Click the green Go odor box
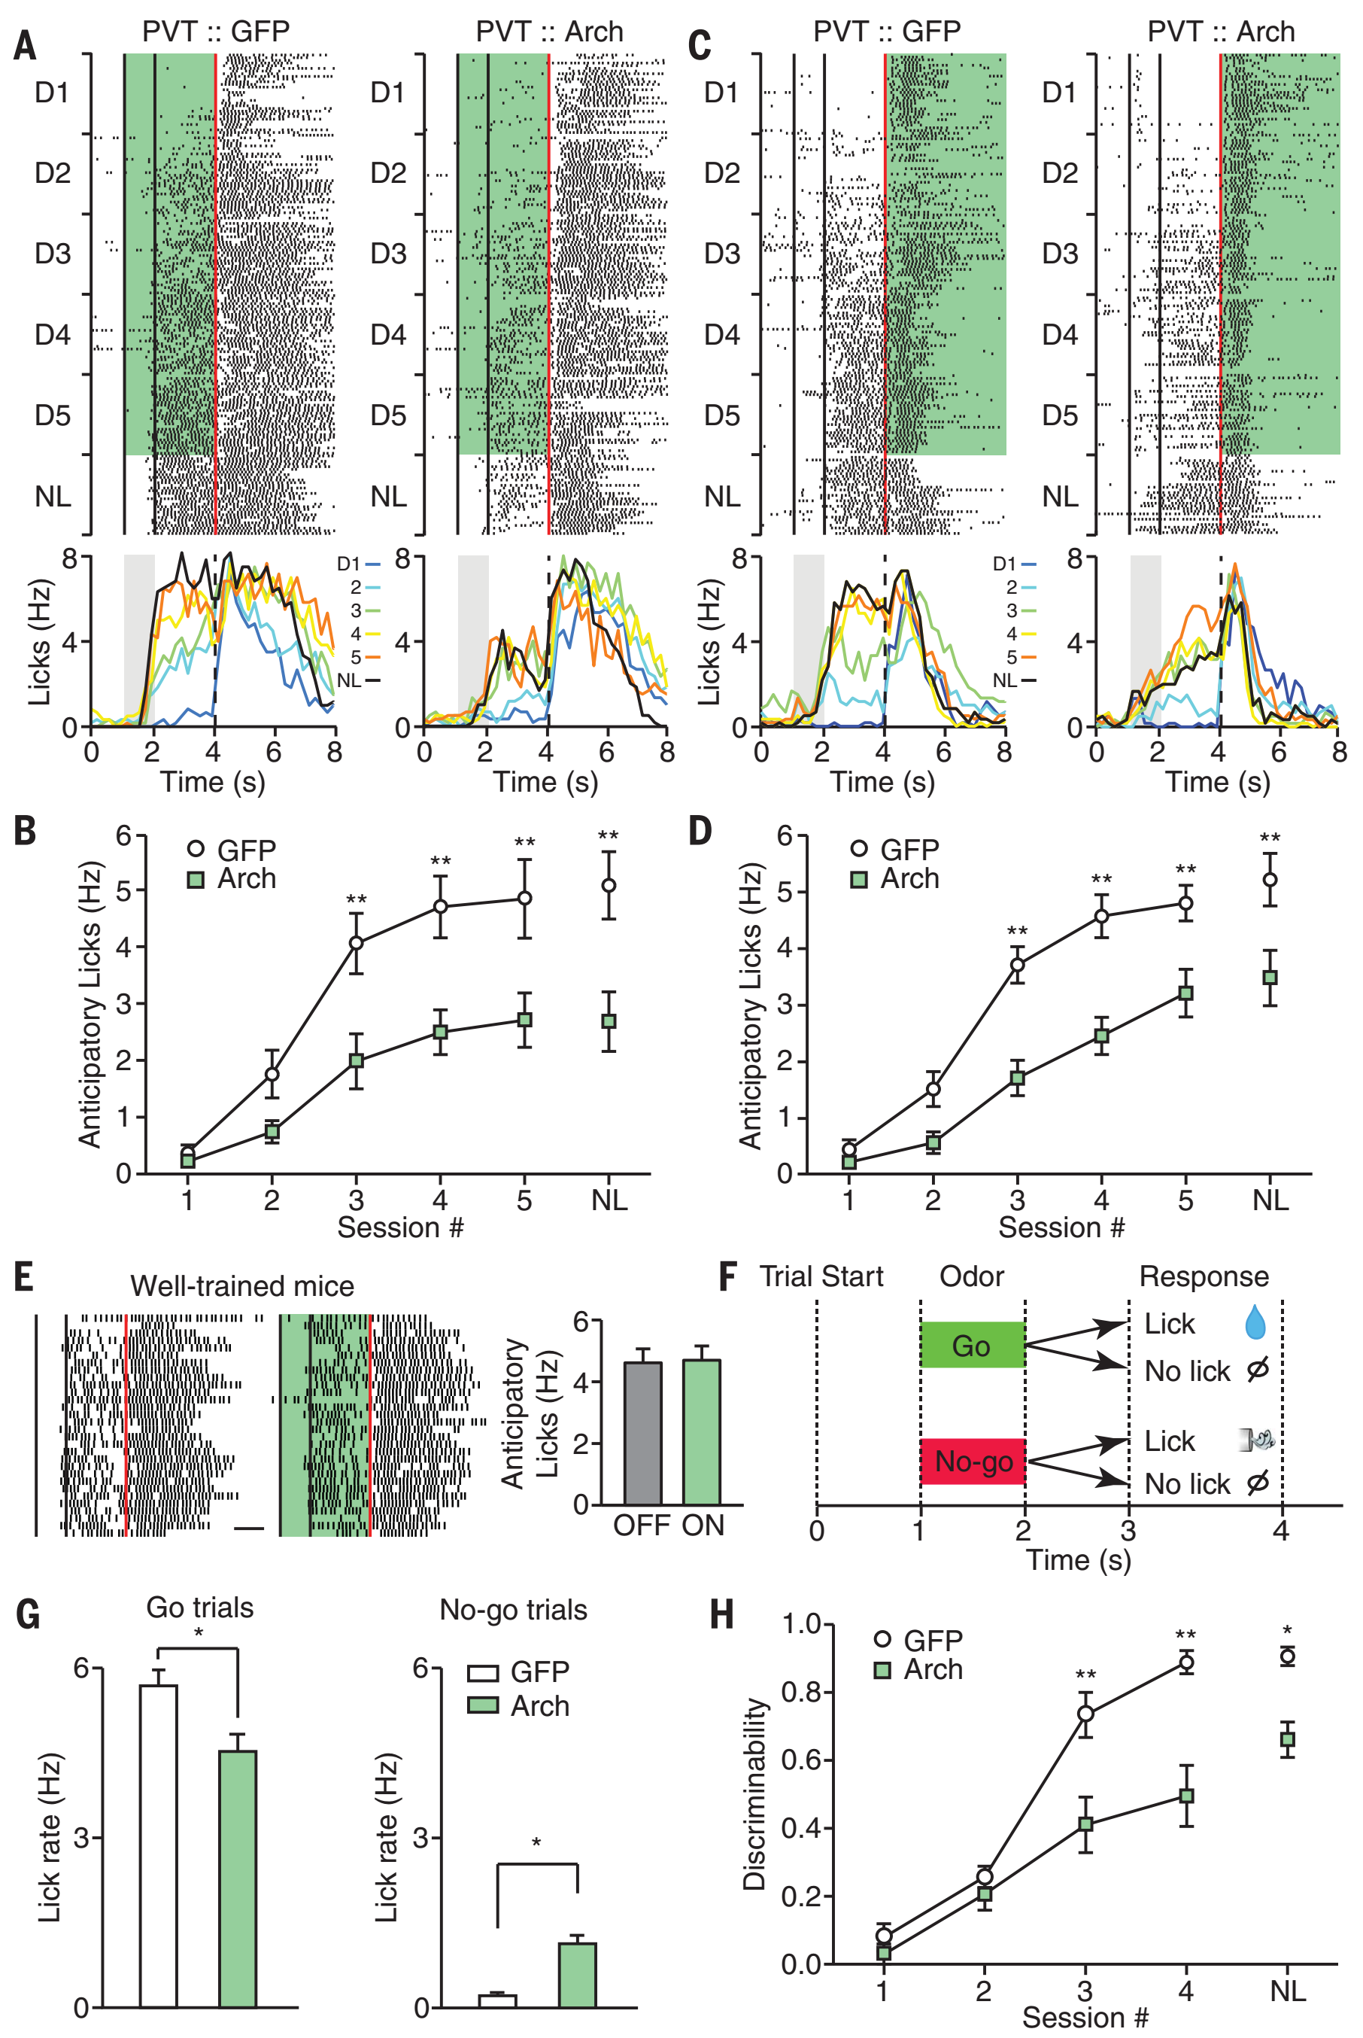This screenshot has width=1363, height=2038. point(972,1345)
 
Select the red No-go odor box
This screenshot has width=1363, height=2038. point(972,1462)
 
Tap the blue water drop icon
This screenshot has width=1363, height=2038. point(1255,1322)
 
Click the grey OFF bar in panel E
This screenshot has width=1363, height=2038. point(642,1433)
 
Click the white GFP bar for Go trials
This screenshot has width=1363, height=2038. point(158,1845)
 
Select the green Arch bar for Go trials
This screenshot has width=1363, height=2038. point(237,1878)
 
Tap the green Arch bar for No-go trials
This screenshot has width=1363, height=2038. point(577,1975)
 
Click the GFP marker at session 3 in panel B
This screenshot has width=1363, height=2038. point(357,942)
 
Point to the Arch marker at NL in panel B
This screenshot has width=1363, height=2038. point(609,1021)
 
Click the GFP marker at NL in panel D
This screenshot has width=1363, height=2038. point(1270,880)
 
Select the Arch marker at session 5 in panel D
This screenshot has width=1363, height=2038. point(1185,993)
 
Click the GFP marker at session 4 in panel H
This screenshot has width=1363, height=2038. point(1185,1662)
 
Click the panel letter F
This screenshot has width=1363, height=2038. point(728,1276)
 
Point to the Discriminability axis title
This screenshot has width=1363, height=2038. point(754,1793)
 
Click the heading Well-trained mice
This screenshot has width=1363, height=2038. point(242,1286)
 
